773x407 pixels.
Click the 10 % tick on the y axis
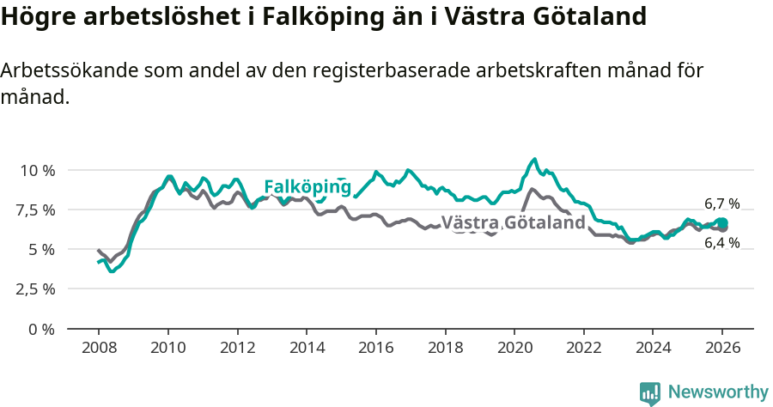(x=37, y=170)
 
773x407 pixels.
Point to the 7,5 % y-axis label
(x=37, y=210)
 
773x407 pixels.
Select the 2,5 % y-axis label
(x=37, y=289)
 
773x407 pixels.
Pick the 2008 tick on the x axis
(x=99, y=349)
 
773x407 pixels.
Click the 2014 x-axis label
(x=307, y=349)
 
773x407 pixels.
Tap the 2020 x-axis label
(x=514, y=349)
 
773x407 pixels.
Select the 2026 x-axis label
(x=722, y=349)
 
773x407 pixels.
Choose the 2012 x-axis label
(x=237, y=349)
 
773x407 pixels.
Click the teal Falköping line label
(x=307, y=187)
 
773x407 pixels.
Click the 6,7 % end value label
(x=721, y=204)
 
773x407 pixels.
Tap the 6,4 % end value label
(x=721, y=243)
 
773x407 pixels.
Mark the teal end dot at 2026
(x=722, y=223)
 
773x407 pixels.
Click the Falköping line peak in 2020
(x=534, y=159)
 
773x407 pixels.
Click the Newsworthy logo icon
(x=650, y=392)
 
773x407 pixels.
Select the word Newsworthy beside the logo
(x=717, y=392)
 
